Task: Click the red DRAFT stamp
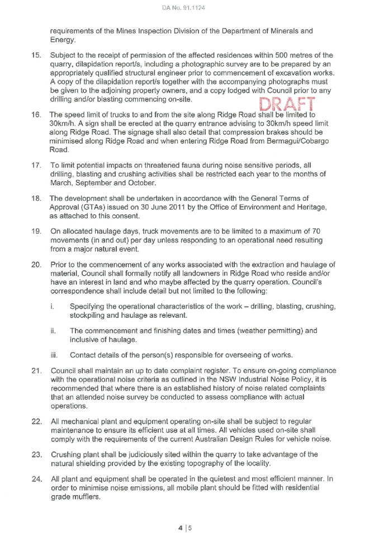click(x=287, y=104)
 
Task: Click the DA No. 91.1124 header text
click(x=184, y=8)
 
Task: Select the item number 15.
click(x=36, y=55)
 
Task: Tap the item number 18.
click(x=36, y=198)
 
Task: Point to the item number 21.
click(x=36, y=371)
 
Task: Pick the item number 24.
click(x=36, y=479)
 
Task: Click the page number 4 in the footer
click(x=180, y=528)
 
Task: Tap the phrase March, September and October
click(x=103, y=183)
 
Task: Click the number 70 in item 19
click(x=316, y=232)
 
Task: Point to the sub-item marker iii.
click(x=54, y=355)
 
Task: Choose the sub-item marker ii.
click(x=53, y=331)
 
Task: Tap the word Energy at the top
click(x=63, y=40)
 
